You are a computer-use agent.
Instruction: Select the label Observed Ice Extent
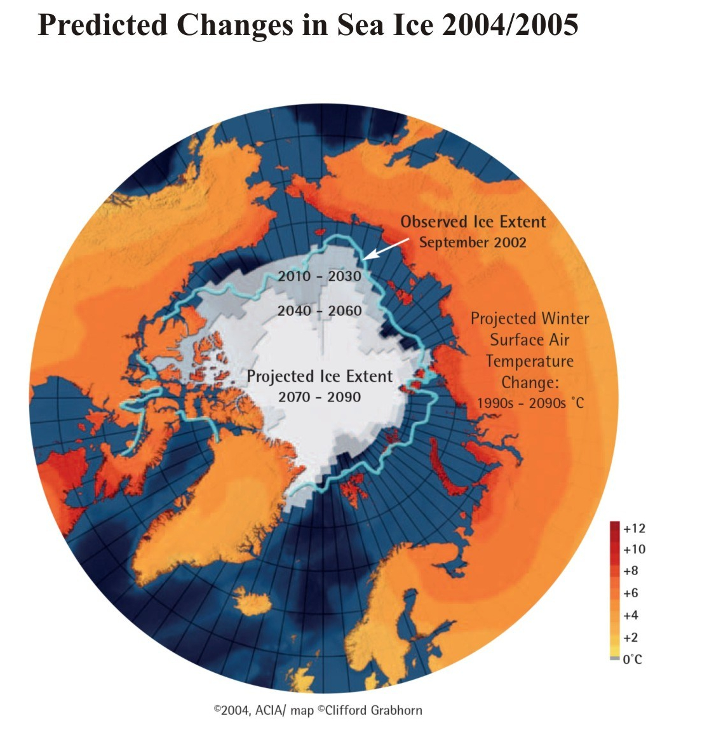pyautogui.click(x=473, y=222)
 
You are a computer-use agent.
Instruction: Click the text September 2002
pyautogui.click(x=473, y=242)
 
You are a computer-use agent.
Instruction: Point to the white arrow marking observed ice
pyautogui.click(x=386, y=249)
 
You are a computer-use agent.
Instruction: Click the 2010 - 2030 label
pyautogui.click(x=320, y=276)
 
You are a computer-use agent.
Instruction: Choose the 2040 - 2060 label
pyautogui.click(x=320, y=311)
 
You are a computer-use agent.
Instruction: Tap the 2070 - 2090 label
pyautogui.click(x=320, y=397)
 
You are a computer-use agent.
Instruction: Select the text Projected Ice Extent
pyautogui.click(x=320, y=376)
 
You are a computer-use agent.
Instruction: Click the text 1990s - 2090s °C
pyautogui.click(x=530, y=403)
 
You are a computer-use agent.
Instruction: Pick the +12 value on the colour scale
pyautogui.click(x=634, y=529)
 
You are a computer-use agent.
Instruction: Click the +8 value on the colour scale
pyautogui.click(x=631, y=571)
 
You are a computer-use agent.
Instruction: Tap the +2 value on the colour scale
pyautogui.click(x=631, y=637)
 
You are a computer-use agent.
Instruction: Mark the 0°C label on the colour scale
pyautogui.click(x=632, y=659)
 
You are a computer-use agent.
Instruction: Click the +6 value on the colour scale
pyautogui.click(x=631, y=593)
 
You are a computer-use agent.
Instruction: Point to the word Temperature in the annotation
pyautogui.click(x=530, y=362)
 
